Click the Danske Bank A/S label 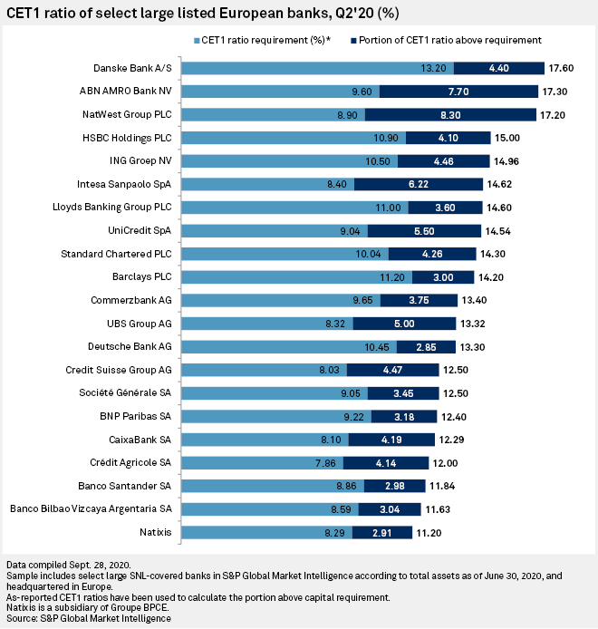point(133,68)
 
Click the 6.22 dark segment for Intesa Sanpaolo point(417,184)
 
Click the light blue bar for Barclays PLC point(299,276)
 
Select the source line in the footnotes point(86,619)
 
